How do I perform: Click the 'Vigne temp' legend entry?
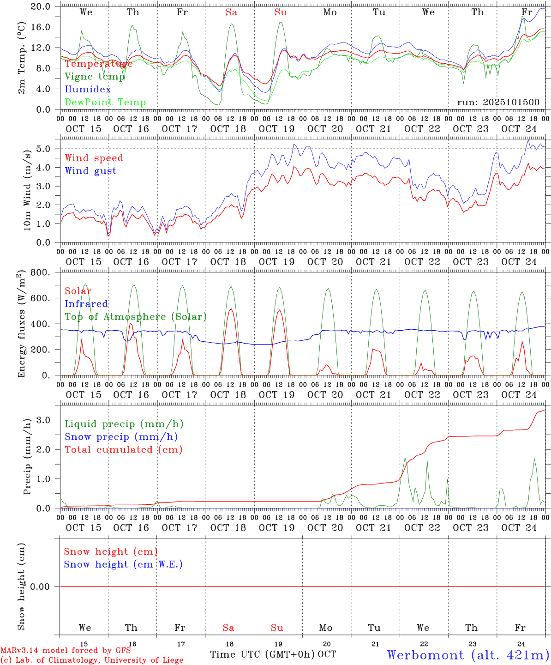pyautogui.click(x=95, y=77)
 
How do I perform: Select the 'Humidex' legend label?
pyautogui.click(x=88, y=90)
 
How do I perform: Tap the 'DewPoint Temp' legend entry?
pyautogui.click(x=105, y=103)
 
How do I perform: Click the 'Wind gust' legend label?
pyautogui.click(x=90, y=171)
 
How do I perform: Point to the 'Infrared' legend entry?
pyautogui.click(x=86, y=304)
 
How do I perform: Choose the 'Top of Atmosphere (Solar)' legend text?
pyautogui.click(x=136, y=317)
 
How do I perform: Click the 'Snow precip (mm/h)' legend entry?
pyautogui.click(x=121, y=437)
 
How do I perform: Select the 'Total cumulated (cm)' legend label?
pyautogui.click(x=123, y=450)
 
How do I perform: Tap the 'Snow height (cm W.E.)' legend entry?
pyautogui.click(x=123, y=564)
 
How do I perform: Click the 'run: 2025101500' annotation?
pyautogui.click(x=498, y=103)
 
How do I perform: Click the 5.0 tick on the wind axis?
pyautogui.click(x=43, y=149)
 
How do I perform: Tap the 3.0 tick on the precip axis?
pyautogui.click(x=43, y=420)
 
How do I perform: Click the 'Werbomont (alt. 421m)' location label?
pyautogui.click(x=468, y=655)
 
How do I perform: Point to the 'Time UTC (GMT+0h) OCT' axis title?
pyautogui.click(x=273, y=654)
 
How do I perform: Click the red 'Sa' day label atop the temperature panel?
pyautogui.click(x=231, y=12)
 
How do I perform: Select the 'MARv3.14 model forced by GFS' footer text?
pyautogui.click(x=66, y=651)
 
